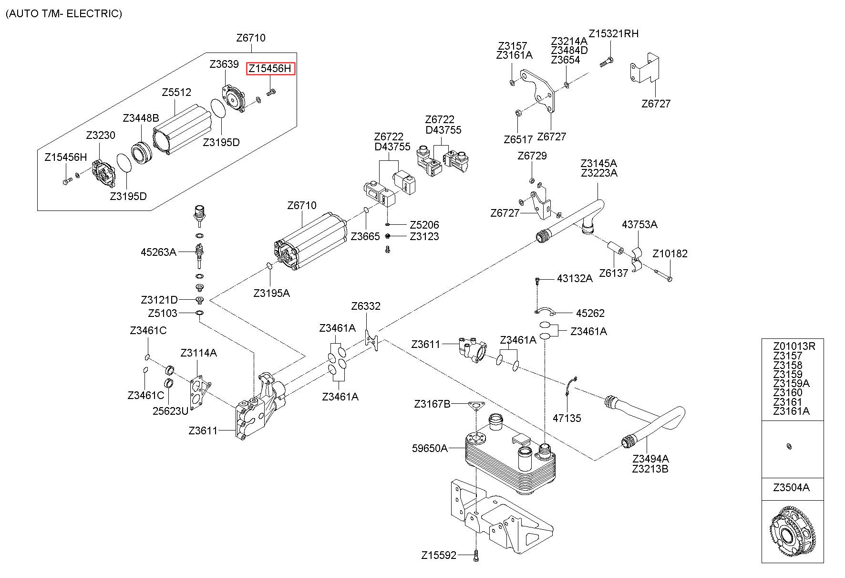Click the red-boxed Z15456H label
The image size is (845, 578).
pyautogui.click(x=270, y=69)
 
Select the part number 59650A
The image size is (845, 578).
pyautogui.click(x=430, y=448)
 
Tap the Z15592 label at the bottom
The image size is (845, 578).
pyautogui.click(x=439, y=555)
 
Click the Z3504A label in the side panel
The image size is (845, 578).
pyautogui.click(x=791, y=488)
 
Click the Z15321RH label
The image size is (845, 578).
pyautogui.click(x=613, y=33)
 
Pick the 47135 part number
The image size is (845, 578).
pyautogui.click(x=567, y=418)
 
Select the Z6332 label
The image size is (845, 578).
pyautogui.click(x=366, y=306)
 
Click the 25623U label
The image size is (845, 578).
pyautogui.click(x=170, y=410)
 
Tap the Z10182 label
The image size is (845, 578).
pyautogui.click(x=670, y=253)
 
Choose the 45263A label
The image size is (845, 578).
pyautogui.click(x=158, y=252)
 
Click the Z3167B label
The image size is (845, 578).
pyautogui.click(x=432, y=404)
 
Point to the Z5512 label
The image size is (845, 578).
pyautogui.click(x=176, y=92)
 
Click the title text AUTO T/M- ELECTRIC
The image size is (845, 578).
pyautogui.click(x=64, y=13)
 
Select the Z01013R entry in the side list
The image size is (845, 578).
pyautogui.click(x=794, y=346)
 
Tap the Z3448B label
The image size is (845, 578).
pyautogui.click(x=141, y=118)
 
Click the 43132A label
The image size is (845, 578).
pyautogui.click(x=575, y=278)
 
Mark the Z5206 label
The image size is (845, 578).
pyautogui.click(x=424, y=225)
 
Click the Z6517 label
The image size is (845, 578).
pyautogui.click(x=518, y=139)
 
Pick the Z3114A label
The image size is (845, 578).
pyautogui.click(x=198, y=353)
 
